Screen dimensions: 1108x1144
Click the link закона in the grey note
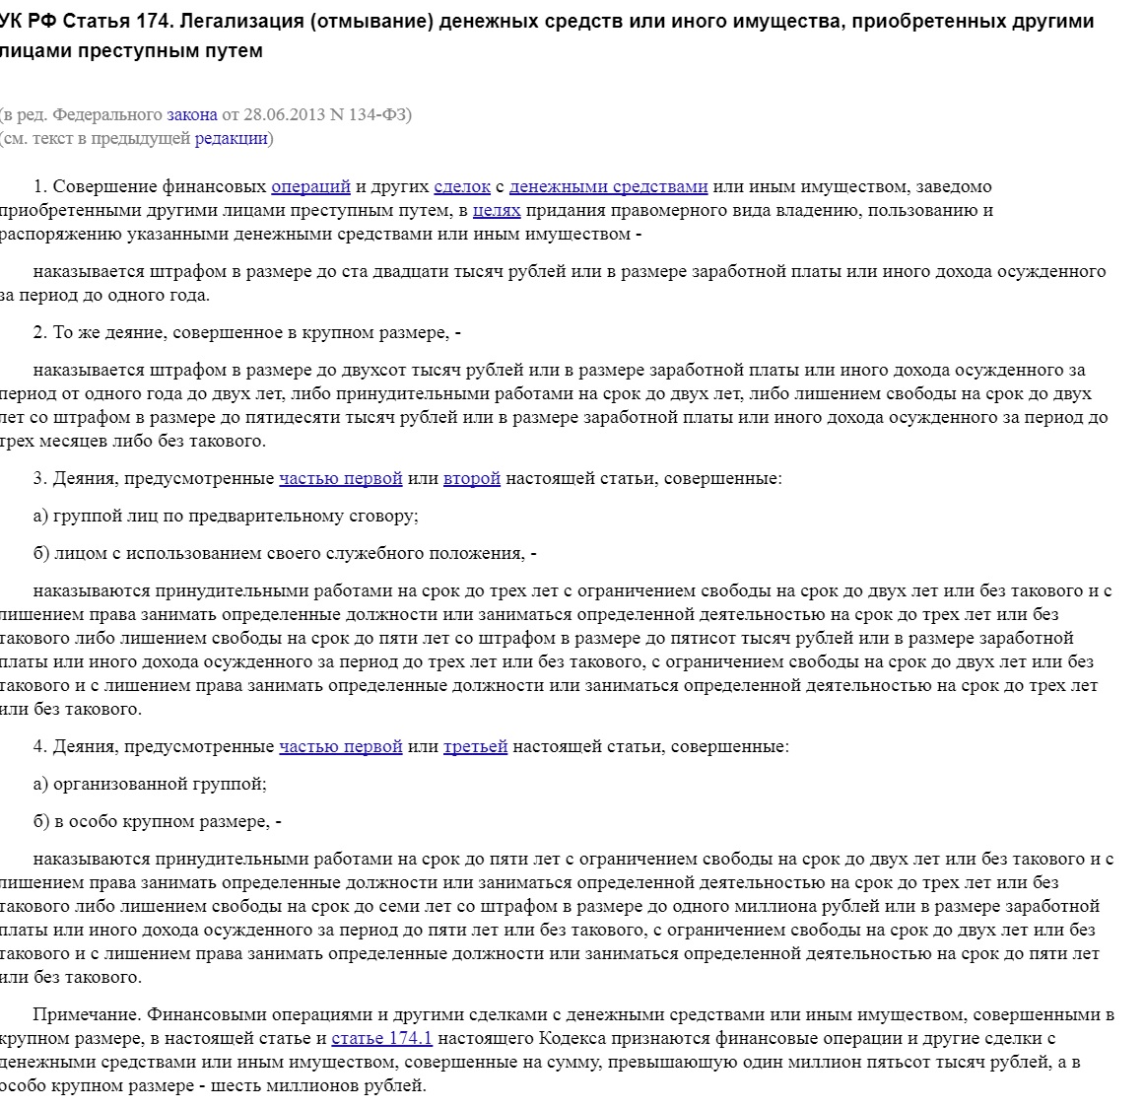[x=191, y=114]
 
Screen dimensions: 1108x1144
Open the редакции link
[x=232, y=138]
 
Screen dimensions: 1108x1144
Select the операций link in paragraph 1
[x=310, y=186]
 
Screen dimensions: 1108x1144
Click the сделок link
[x=461, y=186]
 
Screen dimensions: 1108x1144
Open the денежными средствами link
[x=608, y=186]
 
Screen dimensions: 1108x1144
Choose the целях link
[x=497, y=210]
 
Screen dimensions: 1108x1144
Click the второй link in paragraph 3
[x=471, y=478]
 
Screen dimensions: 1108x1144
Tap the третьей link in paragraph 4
[x=475, y=746]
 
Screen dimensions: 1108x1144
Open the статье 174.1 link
[x=381, y=1038]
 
